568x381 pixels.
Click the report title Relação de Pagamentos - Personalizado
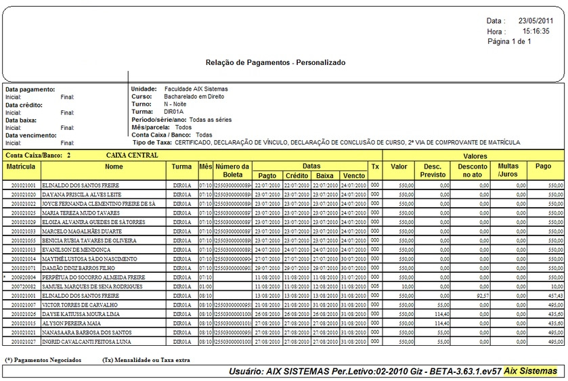pos(275,62)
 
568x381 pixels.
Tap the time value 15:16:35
pos(536,31)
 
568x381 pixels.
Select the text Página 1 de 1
pos(509,41)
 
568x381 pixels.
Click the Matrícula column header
pos(20,166)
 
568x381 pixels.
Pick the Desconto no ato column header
pos(473,171)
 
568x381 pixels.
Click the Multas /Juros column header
pos(508,171)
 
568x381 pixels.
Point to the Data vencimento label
pos(32,135)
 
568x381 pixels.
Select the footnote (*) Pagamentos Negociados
pos(43,360)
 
